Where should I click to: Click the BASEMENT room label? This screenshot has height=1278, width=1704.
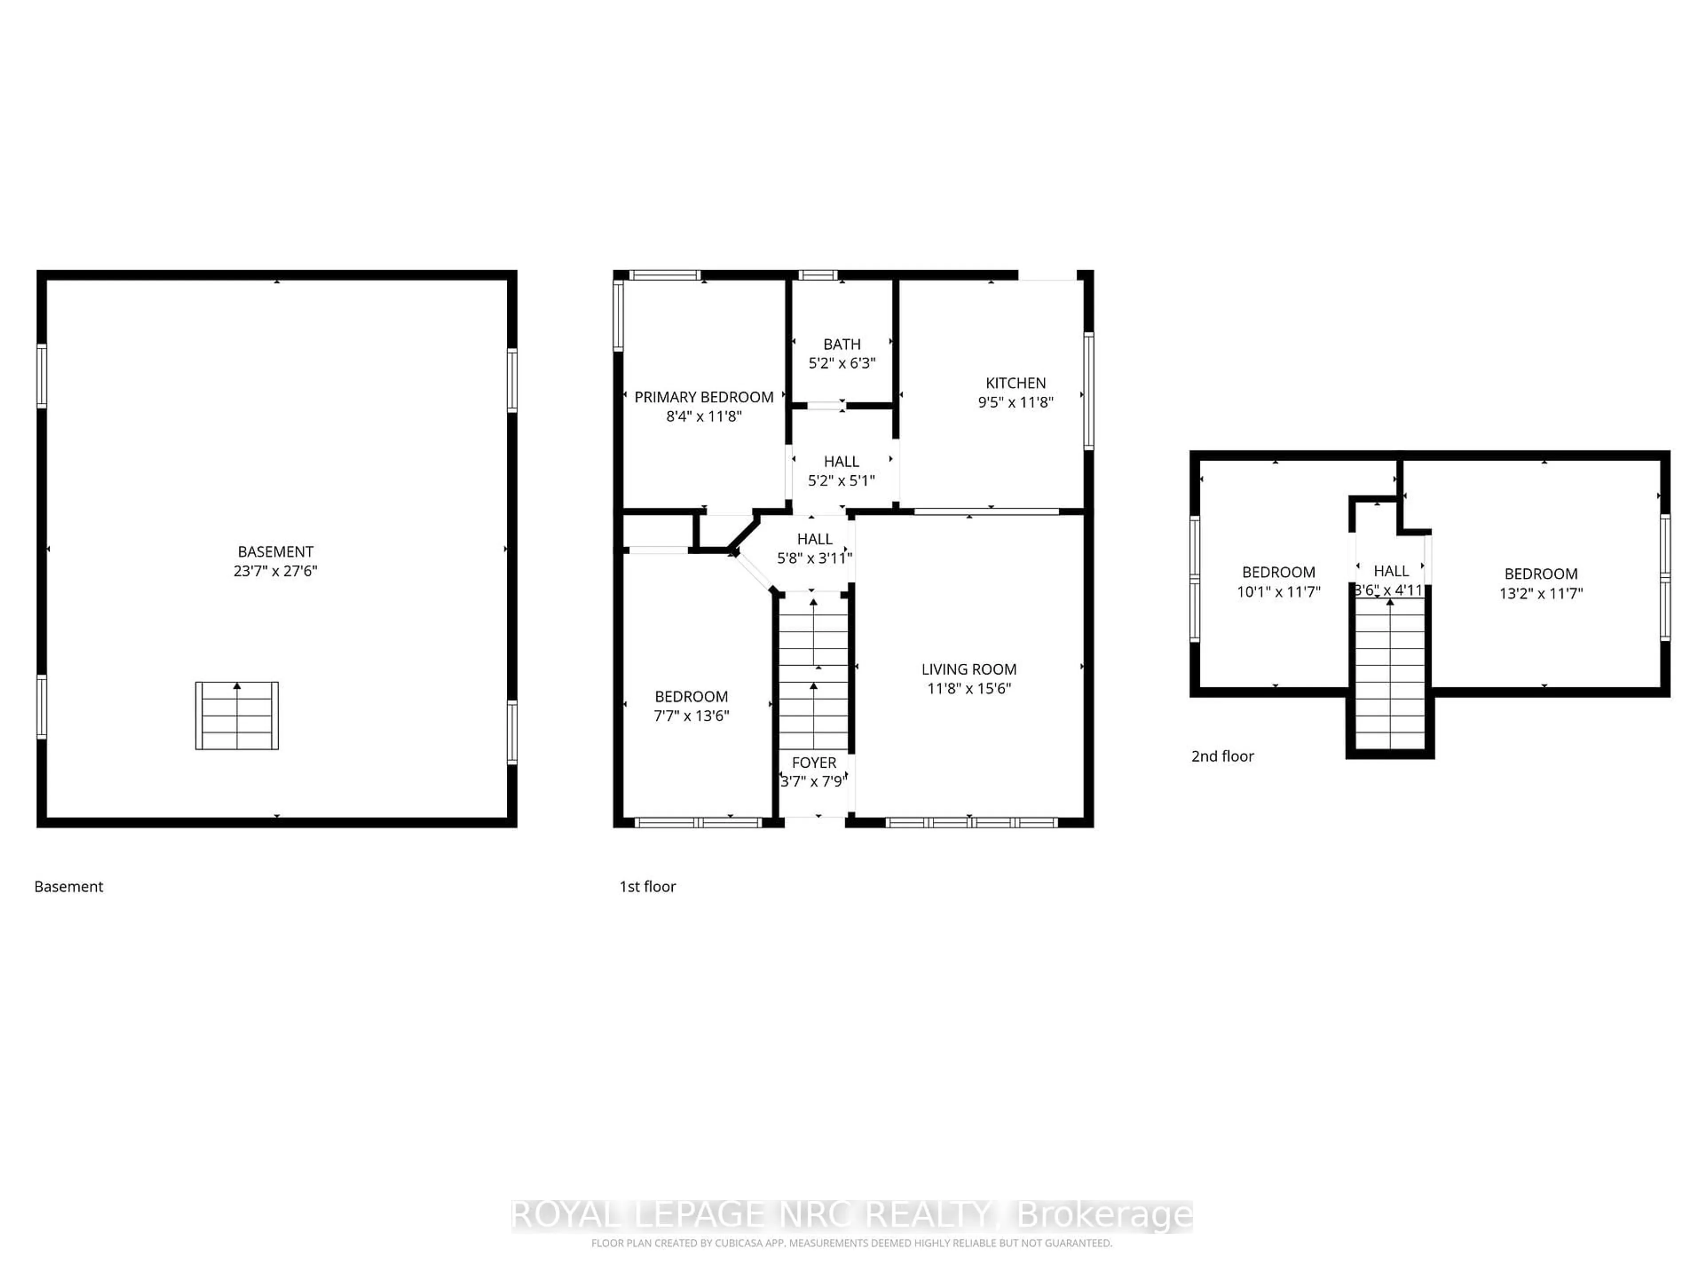point(275,552)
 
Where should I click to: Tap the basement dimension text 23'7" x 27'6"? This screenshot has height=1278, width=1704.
point(275,571)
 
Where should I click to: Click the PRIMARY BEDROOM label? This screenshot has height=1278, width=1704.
point(703,397)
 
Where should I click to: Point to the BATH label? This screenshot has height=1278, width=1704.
point(841,344)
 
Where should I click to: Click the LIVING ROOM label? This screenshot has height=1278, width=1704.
point(968,670)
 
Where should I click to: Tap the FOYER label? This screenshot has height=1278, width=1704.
point(813,763)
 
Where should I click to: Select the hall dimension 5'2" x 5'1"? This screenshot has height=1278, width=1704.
point(841,481)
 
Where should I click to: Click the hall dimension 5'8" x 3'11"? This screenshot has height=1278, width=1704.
point(814,558)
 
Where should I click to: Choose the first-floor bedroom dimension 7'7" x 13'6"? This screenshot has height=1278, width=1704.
point(691,716)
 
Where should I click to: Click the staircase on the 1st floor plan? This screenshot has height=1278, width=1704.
point(813,670)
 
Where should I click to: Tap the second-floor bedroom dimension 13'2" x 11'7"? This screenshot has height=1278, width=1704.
point(1541,593)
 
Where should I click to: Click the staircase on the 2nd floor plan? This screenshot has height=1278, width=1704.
point(1390,670)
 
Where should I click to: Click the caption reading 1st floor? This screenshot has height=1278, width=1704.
point(647,887)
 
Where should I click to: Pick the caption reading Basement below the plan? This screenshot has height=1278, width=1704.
point(69,887)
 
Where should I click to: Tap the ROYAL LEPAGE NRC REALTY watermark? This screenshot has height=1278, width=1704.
point(851,1215)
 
